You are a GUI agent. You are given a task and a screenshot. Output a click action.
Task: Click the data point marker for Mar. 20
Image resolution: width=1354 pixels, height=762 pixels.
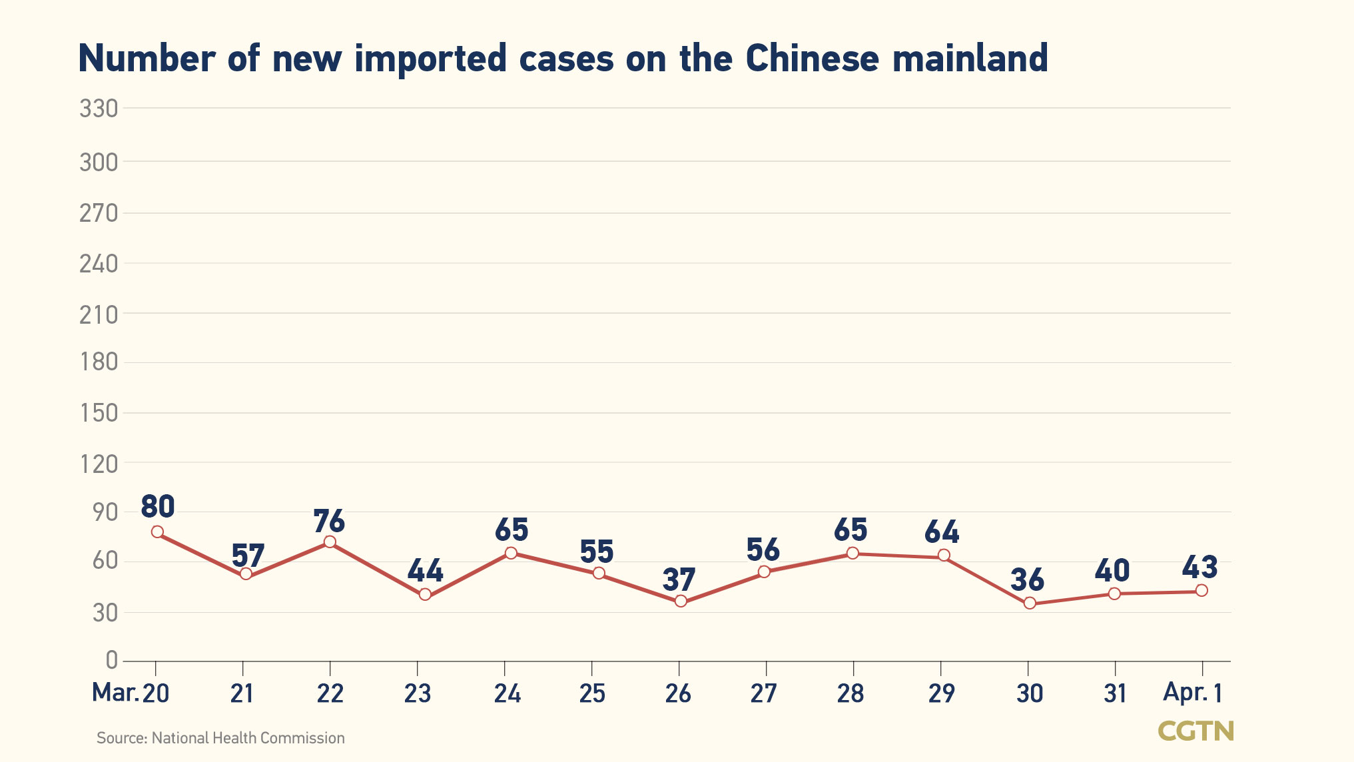tap(157, 532)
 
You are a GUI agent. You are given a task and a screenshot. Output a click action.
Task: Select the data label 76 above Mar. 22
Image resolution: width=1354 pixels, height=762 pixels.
tap(329, 521)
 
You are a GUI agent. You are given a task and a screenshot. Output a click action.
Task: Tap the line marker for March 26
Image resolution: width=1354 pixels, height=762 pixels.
tap(681, 601)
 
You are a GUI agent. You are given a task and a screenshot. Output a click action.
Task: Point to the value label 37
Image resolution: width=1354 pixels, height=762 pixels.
tap(679, 579)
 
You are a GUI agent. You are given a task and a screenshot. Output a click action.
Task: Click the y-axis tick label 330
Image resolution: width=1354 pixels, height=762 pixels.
tap(99, 109)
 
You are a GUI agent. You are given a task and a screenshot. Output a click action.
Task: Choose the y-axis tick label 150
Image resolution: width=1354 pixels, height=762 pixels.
tap(99, 413)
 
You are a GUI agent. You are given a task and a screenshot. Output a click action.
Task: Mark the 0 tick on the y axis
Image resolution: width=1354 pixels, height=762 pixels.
tap(111, 660)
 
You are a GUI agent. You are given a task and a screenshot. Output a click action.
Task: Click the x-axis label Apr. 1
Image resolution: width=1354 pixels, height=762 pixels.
tap(1192, 693)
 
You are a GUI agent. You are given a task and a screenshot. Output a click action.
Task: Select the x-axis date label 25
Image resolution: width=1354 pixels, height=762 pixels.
tap(592, 693)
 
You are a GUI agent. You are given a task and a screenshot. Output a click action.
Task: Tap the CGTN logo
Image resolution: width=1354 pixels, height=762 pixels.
tap(1195, 731)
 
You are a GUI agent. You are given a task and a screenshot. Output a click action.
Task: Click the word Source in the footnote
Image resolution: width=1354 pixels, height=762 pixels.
tap(121, 738)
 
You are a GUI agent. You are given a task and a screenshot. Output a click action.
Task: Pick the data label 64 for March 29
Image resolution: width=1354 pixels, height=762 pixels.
tap(942, 532)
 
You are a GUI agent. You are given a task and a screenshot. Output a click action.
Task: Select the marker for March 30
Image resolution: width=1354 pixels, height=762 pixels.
tap(1030, 603)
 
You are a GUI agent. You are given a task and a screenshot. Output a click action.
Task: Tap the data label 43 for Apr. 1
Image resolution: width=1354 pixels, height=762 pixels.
tap(1199, 568)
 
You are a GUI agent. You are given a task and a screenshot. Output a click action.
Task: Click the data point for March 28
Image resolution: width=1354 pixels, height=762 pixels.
tap(852, 553)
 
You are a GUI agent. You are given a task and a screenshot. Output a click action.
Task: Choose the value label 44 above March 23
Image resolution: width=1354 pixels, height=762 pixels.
tap(425, 571)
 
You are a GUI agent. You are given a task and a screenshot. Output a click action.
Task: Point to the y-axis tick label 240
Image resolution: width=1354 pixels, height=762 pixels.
tap(99, 264)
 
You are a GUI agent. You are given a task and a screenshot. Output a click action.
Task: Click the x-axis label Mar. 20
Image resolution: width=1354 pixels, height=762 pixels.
tap(131, 693)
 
